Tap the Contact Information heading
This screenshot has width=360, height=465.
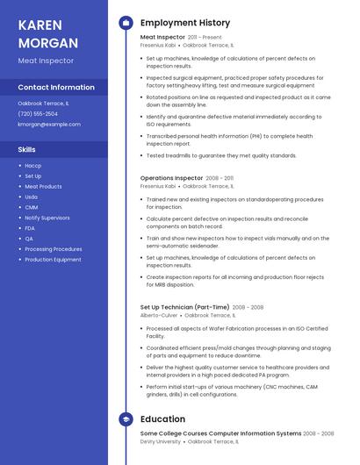click(56, 87)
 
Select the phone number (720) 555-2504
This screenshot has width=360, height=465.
click(38, 114)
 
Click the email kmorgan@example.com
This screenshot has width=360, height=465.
click(49, 125)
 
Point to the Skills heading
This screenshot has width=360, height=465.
click(26, 149)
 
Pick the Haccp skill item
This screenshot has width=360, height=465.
click(32, 166)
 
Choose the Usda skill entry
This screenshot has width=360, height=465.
click(32, 197)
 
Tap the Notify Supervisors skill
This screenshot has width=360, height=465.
click(47, 218)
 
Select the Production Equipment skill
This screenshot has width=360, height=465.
click(53, 260)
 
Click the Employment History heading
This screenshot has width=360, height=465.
click(185, 23)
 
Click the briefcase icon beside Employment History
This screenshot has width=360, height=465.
click(126, 23)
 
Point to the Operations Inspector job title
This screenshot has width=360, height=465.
click(171, 178)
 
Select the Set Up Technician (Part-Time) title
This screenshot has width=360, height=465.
click(184, 307)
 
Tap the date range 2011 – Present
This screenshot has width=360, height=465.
click(205, 38)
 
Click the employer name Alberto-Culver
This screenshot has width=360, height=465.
click(159, 315)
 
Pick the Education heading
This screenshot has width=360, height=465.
click(162, 419)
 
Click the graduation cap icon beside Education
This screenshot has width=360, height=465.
click(126, 419)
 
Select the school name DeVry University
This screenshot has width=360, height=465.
click(161, 441)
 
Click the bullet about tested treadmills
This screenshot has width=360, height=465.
click(221, 155)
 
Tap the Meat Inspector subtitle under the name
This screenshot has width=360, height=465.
click(46, 61)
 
